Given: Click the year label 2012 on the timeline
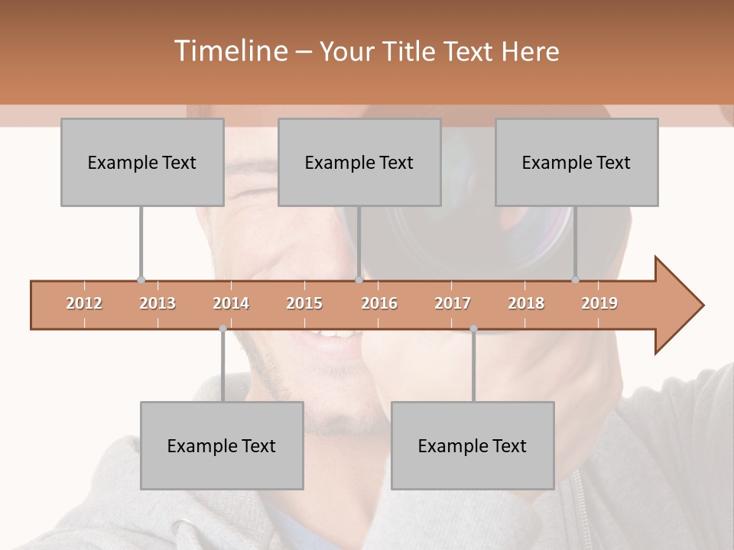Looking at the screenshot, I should click(x=84, y=303).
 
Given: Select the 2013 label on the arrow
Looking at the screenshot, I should click(x=158, y=303).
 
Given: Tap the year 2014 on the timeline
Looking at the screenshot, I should click(x=231, y=303).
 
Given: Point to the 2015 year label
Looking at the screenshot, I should click(x=304, y=303).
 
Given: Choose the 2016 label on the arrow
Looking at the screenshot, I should click(x=379, y=303).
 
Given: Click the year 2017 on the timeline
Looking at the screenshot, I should click(x=453, y=303).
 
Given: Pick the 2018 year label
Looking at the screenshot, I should click(x=526, y=303).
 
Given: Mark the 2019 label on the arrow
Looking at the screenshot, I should click(x=599, y=303).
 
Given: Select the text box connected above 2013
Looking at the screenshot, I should click(x=142, y=162).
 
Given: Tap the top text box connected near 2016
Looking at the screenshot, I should click(x=359, y=162).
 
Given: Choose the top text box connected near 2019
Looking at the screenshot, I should click(x=576, y=162).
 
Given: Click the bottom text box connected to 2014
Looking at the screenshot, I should click(x=222, y=445).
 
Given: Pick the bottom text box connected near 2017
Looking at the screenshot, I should click(x=473, y=445).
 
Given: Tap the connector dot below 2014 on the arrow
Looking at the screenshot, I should click(x=222, y=328).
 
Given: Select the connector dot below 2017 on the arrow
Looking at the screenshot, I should click(x=473, y=328).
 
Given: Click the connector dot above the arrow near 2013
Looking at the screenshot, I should click(x=141, y=280).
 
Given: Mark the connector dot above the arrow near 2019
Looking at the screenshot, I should click(x=575, y=280).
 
